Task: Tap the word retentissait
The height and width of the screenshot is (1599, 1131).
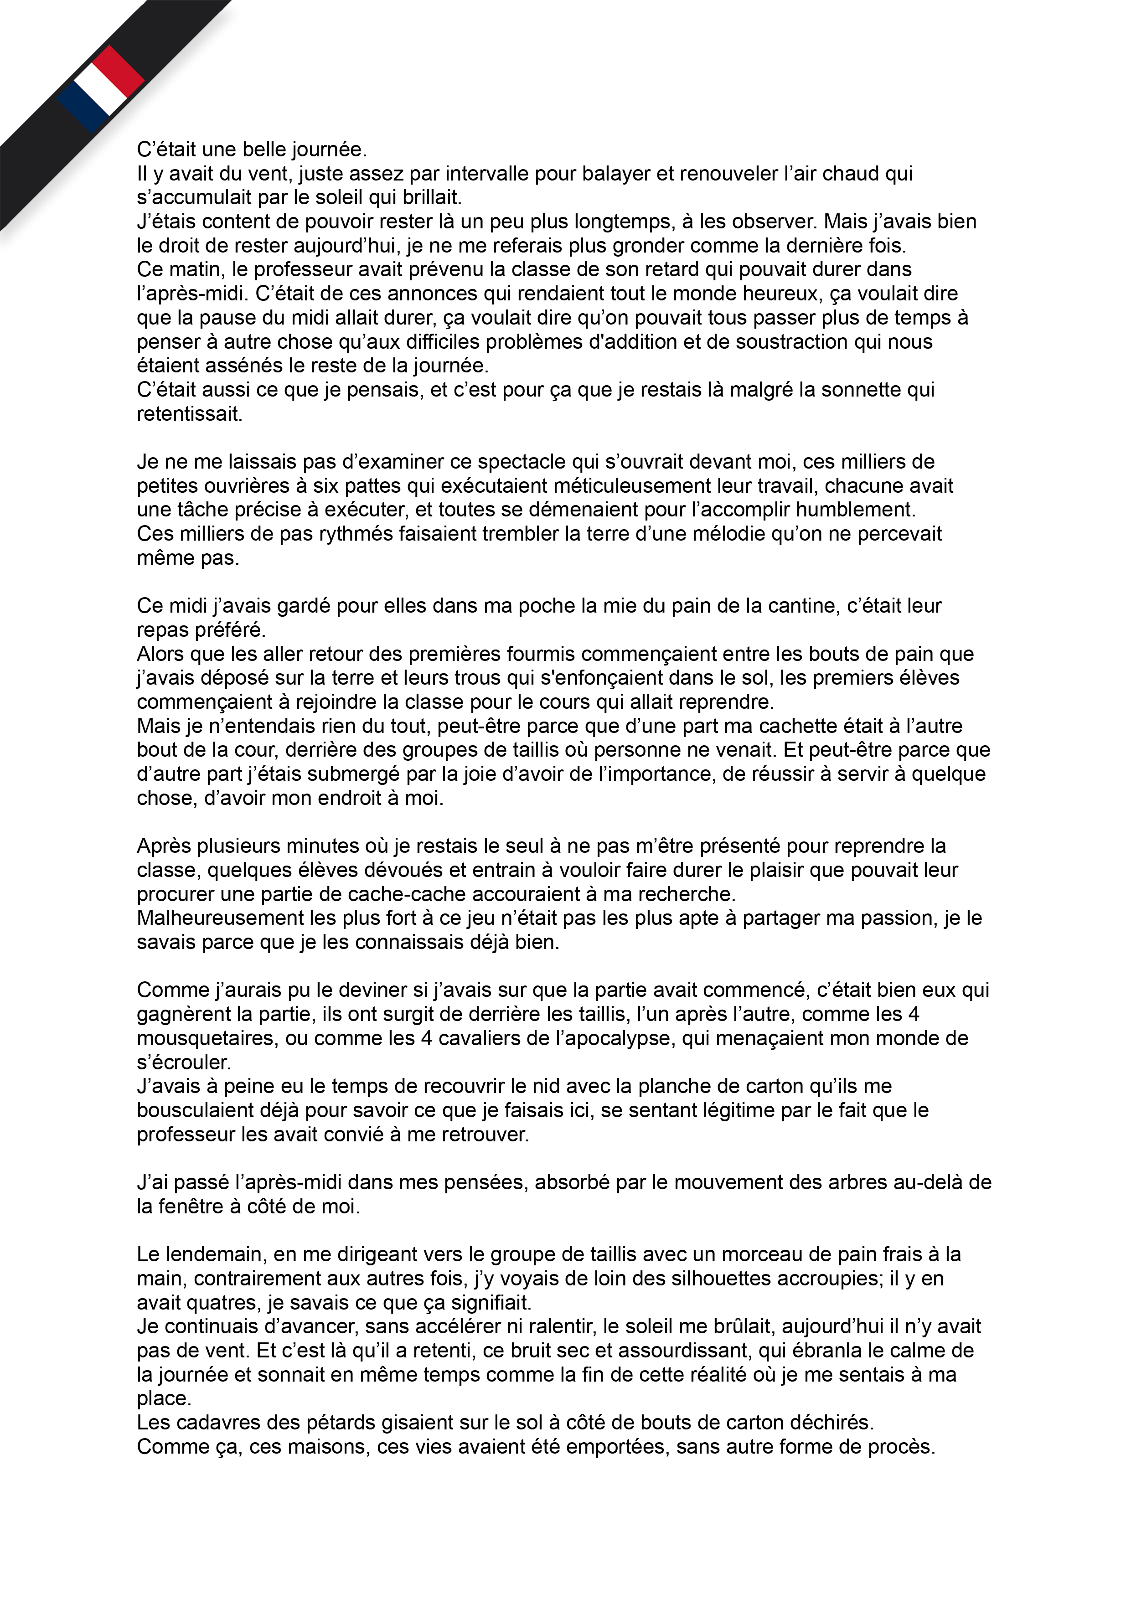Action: click(190, 414)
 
